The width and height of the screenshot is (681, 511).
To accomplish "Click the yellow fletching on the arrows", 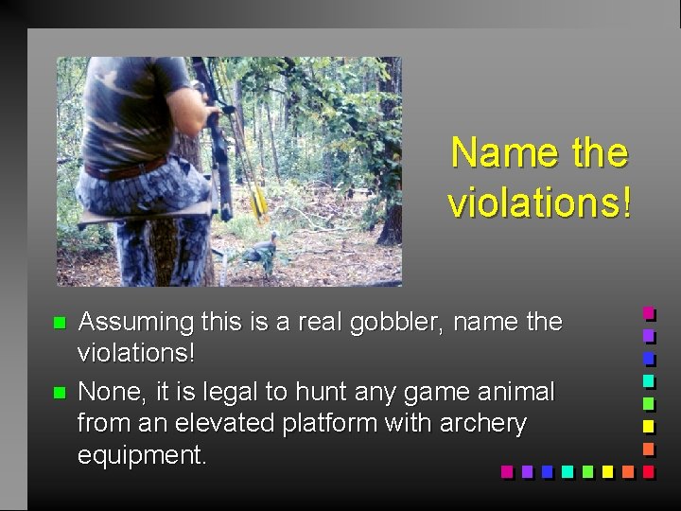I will click(257, 200).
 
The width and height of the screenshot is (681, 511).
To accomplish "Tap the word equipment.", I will click(141, 455).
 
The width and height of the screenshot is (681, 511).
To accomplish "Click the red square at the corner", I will click(648, 470).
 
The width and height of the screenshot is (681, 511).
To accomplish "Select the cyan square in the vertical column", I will click(648, 379).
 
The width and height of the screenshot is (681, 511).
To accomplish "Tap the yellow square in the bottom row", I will click(606, 470).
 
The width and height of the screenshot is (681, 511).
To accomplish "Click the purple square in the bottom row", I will click(526, 470).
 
